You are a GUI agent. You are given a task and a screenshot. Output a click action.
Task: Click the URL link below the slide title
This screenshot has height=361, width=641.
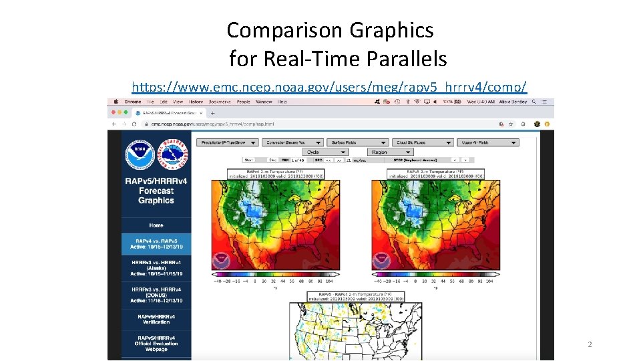pos(329,87)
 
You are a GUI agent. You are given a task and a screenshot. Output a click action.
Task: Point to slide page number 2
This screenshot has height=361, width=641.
pos(590,344)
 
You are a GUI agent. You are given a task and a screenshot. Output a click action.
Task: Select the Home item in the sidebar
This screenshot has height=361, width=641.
pos(156,225)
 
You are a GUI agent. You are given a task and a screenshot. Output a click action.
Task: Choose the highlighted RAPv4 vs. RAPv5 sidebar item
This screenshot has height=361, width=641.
pos(156,244)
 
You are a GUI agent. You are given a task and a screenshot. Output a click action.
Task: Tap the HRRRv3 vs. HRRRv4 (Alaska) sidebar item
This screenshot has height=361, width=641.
pos(156,268)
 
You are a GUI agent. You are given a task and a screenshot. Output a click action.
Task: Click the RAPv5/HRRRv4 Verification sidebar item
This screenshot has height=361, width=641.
pos(156,319)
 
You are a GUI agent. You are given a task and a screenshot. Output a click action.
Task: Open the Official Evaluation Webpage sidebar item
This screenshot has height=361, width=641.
pos(156,343)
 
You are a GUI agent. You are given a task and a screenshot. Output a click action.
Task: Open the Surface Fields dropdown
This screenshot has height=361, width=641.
pos(357,142)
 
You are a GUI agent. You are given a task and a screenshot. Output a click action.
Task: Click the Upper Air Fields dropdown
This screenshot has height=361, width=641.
pos(487,142)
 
